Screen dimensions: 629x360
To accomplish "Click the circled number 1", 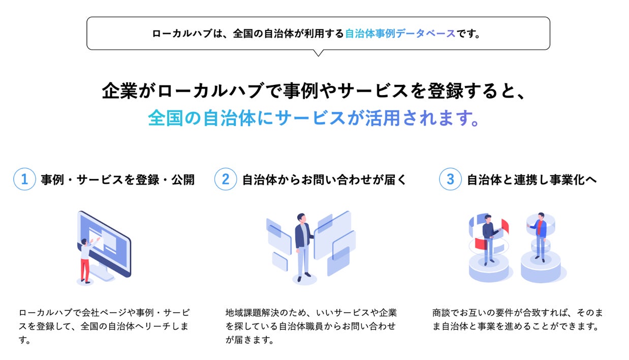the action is tap(24, 179).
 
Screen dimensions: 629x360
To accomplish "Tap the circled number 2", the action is tap(226, 179).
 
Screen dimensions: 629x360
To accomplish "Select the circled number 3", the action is tap(450, 179).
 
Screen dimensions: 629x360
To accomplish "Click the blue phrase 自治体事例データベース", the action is tap(400, 34).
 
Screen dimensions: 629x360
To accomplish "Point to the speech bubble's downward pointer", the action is tap(319, 52).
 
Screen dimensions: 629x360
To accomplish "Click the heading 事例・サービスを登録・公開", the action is tap(117, 180).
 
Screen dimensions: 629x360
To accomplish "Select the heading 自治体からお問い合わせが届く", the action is tap(324, 180).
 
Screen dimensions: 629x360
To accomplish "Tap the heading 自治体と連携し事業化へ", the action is tap(531, 180).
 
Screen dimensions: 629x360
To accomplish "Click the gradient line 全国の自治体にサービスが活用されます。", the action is tap(314, 118).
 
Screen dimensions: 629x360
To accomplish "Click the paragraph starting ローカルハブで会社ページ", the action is tap(104, 326).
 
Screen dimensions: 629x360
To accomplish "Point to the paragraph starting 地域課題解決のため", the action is tap(311, 326).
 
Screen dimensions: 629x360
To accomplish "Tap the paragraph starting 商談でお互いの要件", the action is tap(518, 319).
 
